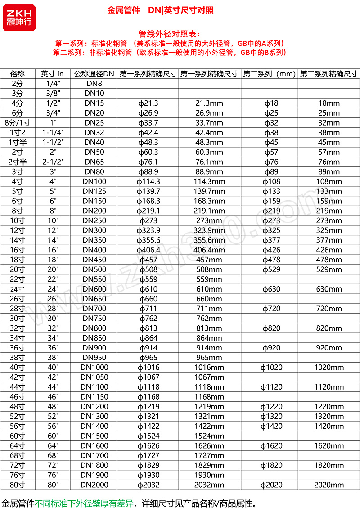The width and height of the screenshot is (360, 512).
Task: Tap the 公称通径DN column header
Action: [94, 74]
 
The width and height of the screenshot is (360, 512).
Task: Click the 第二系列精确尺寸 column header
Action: [328, 74]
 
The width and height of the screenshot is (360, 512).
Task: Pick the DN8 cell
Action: [94, 84]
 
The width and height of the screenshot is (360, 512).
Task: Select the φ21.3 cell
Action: [148, 103]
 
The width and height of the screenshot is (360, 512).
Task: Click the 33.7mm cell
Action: [209, 123]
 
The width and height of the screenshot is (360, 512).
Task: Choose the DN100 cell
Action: [94, 182]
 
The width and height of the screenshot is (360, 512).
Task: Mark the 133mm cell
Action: [328, 192]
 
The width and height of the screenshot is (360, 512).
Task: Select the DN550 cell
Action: [94, 279]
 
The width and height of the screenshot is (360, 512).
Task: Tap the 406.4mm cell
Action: [209, 250]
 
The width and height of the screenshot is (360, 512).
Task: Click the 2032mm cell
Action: [209, 485]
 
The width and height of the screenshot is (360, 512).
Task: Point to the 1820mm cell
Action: [328, 465]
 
